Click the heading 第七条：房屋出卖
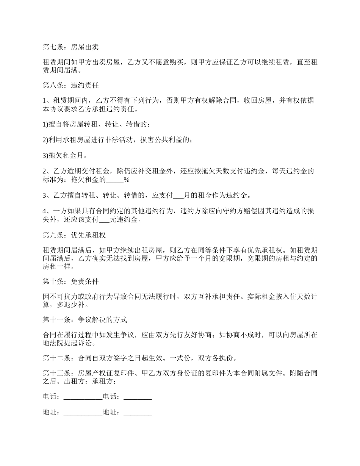71,47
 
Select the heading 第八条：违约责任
71,86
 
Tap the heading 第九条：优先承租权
74,235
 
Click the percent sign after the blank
127,180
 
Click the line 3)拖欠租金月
66,155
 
